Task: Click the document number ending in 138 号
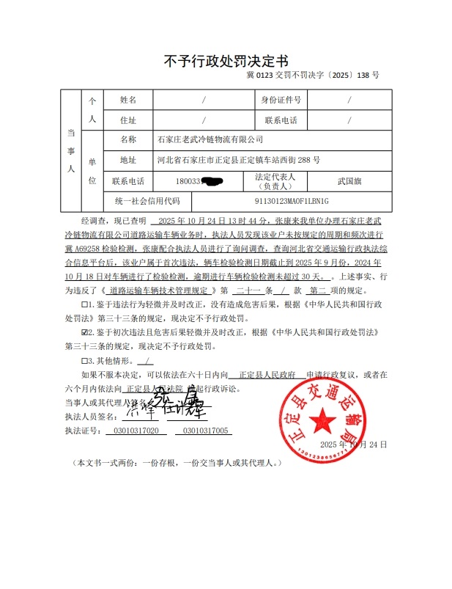313,76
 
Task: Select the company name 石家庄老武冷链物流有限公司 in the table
210,139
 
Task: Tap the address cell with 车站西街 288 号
238,160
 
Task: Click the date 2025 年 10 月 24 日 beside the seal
353,445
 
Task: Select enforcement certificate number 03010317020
132,431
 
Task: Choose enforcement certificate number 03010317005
206,431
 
